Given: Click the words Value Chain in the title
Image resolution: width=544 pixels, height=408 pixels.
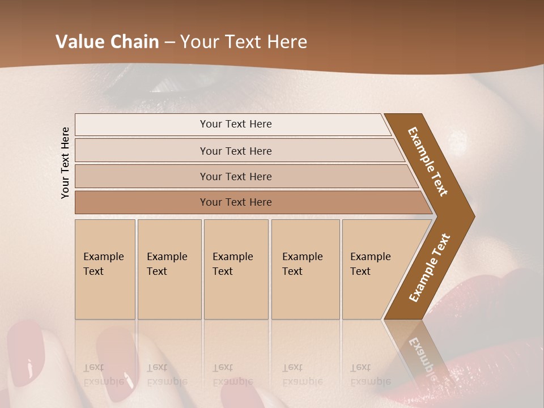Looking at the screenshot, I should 107,42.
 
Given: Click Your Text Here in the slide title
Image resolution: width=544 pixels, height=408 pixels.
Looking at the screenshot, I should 244,42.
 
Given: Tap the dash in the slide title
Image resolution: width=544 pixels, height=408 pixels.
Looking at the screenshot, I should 169,42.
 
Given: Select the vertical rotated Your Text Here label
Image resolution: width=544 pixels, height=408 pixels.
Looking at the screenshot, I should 65,163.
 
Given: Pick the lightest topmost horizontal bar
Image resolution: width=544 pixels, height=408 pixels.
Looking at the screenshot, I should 235,124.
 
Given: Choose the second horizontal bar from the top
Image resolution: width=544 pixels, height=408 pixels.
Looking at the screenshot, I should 235,151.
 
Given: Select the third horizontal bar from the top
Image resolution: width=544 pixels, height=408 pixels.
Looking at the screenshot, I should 235,176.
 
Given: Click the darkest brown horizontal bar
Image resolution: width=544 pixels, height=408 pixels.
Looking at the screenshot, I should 235,202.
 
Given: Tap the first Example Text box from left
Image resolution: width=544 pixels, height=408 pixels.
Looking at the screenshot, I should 105,269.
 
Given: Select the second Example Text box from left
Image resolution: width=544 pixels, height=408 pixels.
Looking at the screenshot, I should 169,269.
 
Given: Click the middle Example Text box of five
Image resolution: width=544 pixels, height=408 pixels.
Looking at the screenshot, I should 235,269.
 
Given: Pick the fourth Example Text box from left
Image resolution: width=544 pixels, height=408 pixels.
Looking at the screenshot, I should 305,269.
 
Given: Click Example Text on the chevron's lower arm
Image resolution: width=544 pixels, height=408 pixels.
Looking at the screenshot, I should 430,267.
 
